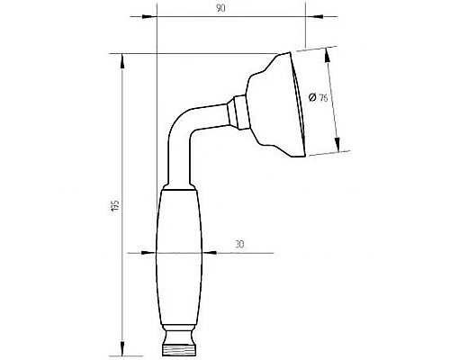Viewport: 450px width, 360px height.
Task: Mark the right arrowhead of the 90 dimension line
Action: (x=300, y=16)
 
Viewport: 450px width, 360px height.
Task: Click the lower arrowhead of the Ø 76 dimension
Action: (x=338, y=149)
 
